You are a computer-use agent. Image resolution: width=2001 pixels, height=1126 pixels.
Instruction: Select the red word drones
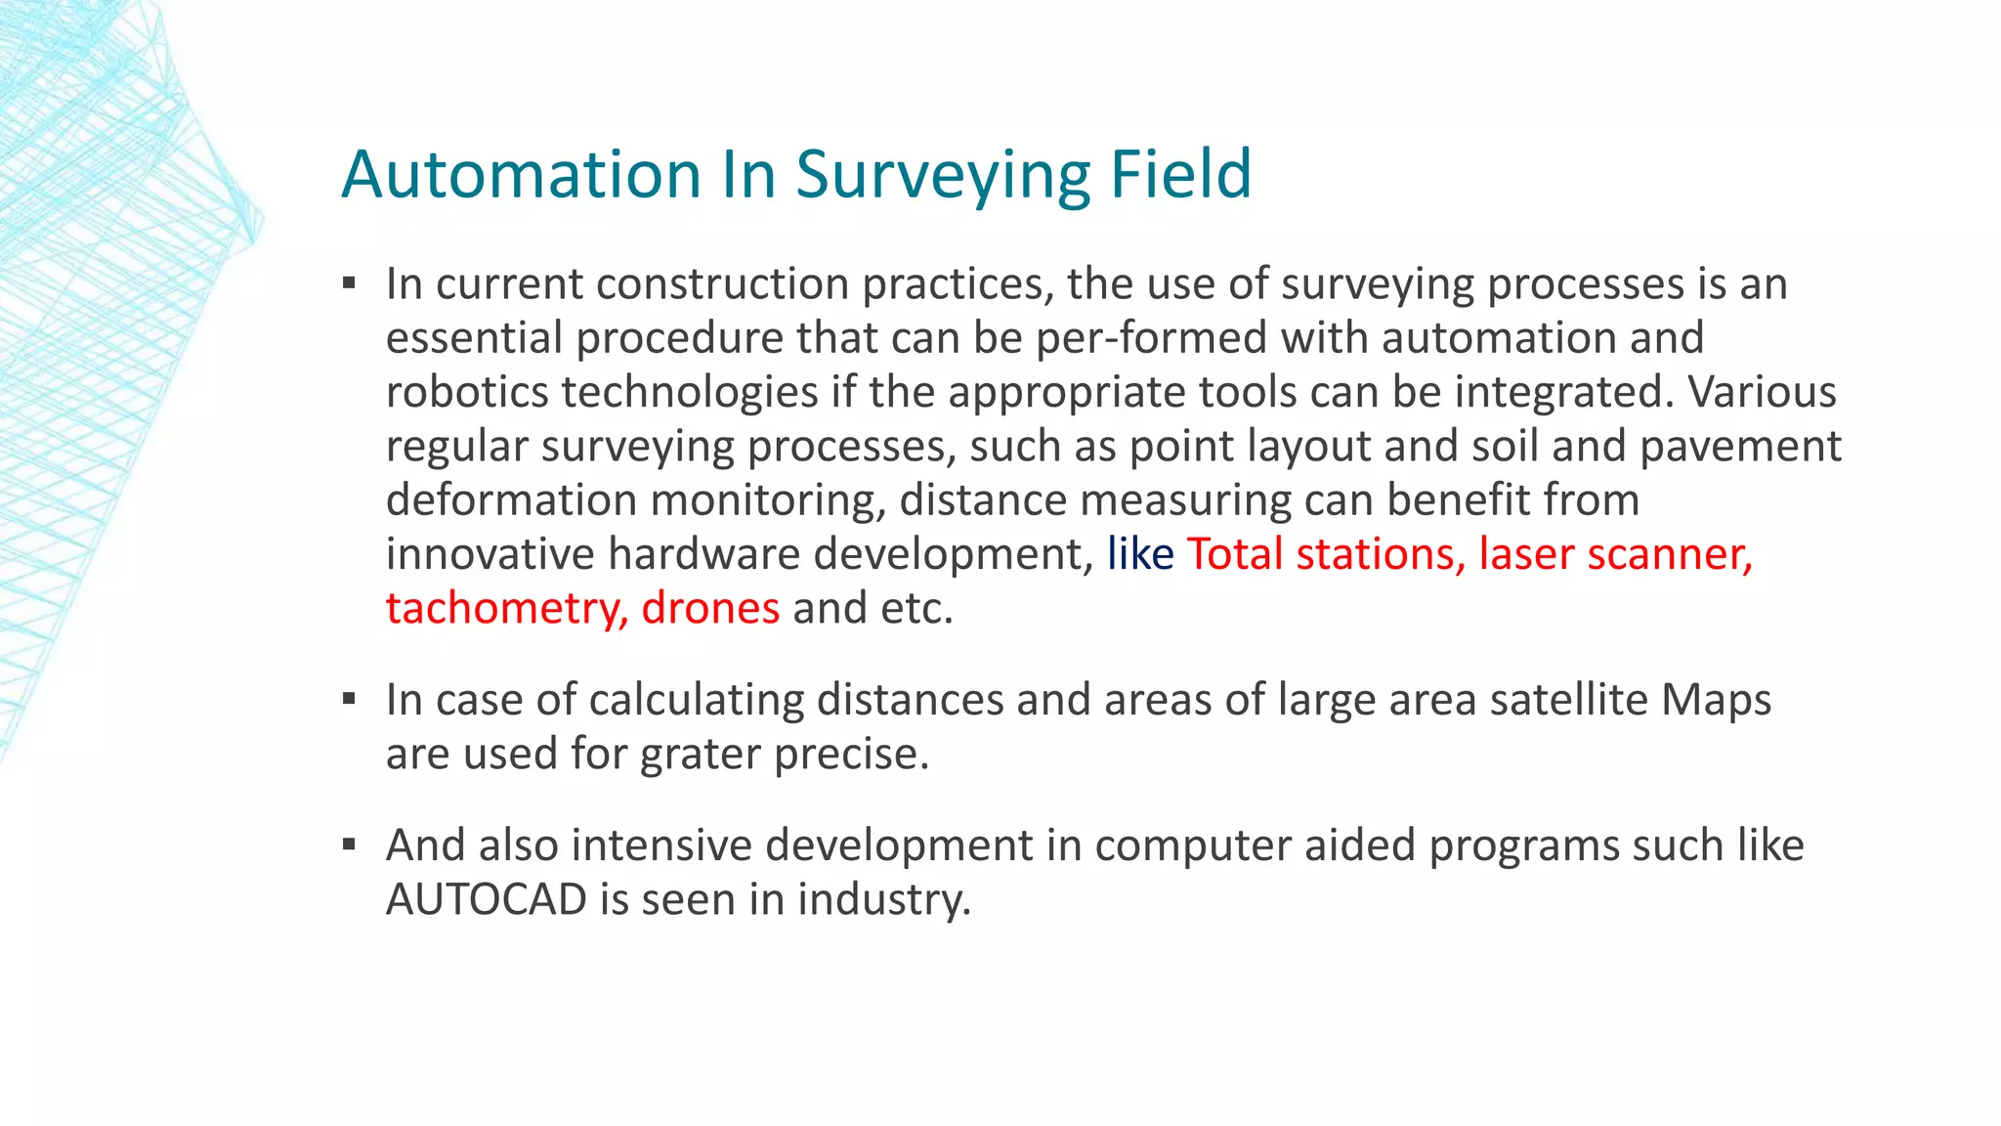tap(710, 608)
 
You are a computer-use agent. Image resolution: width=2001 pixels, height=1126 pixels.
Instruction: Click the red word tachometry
tap(506, 608)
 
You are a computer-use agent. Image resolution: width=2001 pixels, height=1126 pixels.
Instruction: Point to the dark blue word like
tap(1139, 554)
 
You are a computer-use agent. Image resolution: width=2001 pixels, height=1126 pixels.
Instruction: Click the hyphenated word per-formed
tap(1152, 338)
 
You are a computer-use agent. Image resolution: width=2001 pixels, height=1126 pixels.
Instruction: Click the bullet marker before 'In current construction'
tap(349, 284)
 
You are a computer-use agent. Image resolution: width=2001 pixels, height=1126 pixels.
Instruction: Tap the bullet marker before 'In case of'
tap(349, 700)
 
